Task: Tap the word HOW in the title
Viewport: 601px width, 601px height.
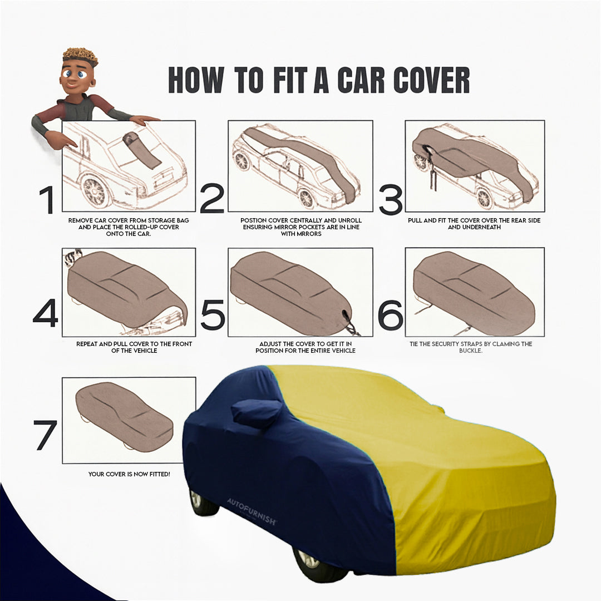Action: tap(195, 80)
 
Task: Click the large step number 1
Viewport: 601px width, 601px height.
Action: tap(47, 200)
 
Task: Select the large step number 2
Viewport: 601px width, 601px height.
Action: tap(211, 199)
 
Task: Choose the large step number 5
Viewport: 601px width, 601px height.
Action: tap(212, 315)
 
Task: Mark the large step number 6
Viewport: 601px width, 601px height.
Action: tap(390, 315)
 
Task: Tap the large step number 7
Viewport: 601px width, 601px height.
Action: tap(45, 435)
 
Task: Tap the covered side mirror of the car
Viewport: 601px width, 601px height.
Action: tap(255, 413)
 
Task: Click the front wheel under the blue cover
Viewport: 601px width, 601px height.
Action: tap(312, 562)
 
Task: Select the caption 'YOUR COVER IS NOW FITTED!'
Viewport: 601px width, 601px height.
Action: tap(129, 474)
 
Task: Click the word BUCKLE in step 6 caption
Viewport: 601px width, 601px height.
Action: tap(471, 351)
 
